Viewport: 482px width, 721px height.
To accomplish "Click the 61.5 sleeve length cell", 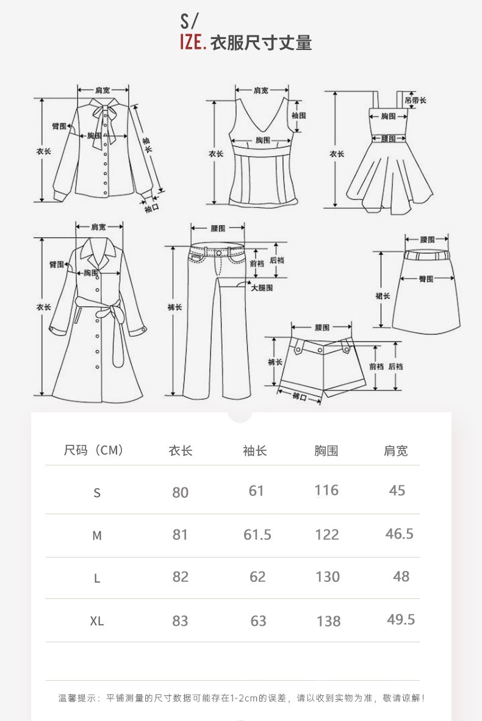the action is pyautogui.click(x=257, y=534).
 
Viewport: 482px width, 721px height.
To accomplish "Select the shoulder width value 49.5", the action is pyautogui.click(x=401, y=620).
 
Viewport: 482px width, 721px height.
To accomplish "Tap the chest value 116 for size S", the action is pyautogui.click(x=326, y=490).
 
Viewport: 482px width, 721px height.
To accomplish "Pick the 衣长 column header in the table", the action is pyautogui.click(x=181, y=451).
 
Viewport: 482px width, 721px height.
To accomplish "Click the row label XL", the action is pyautogui.click(x=97, y=621).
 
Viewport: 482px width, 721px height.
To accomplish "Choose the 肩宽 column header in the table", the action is pyautogui.click(x=395, y=451).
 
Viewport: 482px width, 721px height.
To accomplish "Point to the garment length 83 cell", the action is pyautogui.click(x=180, y=621).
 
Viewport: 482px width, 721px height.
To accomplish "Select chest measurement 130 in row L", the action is pyautogui.click(x=328, y=576).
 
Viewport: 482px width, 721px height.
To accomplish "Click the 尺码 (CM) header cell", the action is pyautogui.click(x=94, y=451).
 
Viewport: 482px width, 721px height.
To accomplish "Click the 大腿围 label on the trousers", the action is pyautogui.click(x=262, y=287).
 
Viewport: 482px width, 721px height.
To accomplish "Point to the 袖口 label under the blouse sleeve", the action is pyautogui.click(x=151, y=209).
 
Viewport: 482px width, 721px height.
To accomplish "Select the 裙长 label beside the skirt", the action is pyautogui.click(x=383, y=296).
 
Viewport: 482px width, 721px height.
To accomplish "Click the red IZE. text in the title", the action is pyautogui.click(x=192, y=43).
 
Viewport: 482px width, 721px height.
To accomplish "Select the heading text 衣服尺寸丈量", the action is pyautogui.click(x=261, y=43).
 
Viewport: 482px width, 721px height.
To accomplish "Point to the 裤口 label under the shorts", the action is pyautogui.click(x=299, y=397).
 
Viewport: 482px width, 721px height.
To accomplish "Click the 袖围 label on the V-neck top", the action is pyautogui.click(x=298, y=115).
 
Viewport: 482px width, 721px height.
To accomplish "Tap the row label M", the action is pyautogui.click(x=97, y=536).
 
